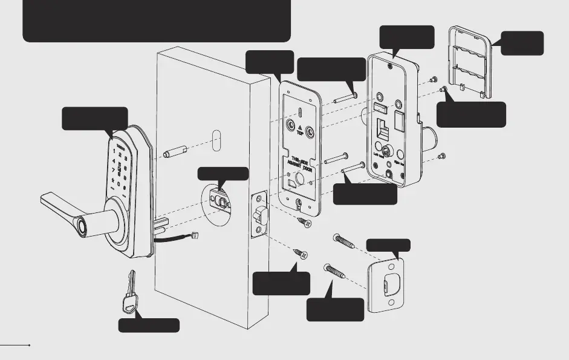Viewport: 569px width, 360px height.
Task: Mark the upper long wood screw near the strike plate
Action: (x=346, y=242)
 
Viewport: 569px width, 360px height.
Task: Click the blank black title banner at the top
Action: (x=156, y=21)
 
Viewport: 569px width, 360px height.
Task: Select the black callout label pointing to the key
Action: (x=148, y=325)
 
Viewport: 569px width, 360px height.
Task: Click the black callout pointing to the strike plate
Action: (x=388, y=245)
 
